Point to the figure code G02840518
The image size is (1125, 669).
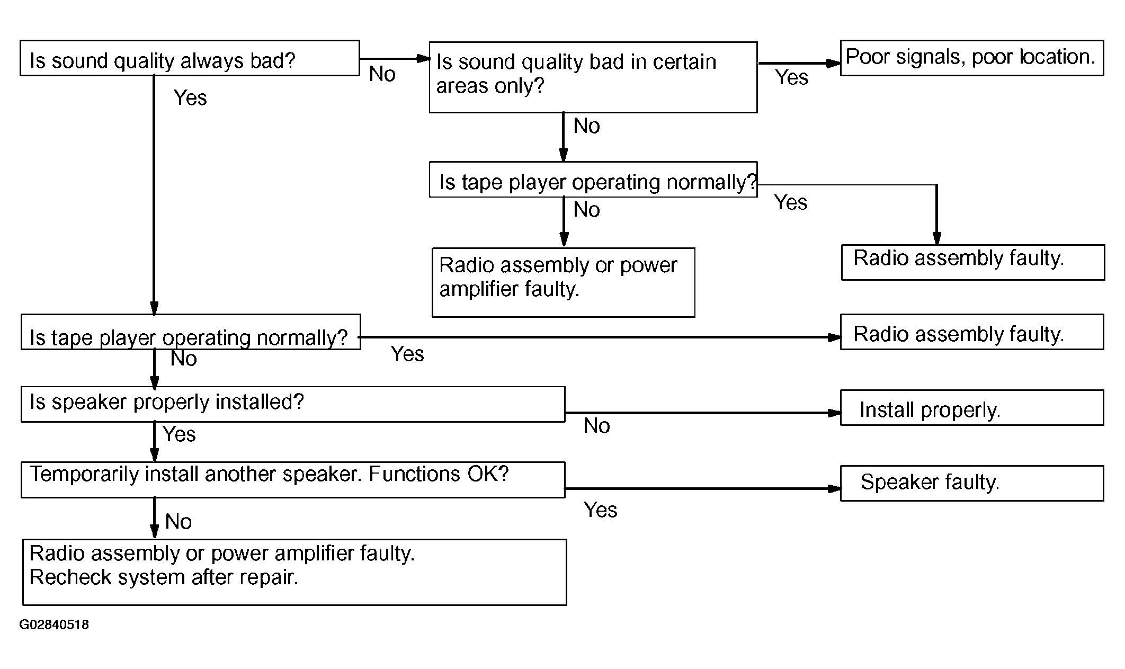[54, 625]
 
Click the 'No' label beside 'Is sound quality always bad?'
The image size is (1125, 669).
[382, 74]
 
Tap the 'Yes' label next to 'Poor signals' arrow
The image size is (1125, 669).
[792, 77]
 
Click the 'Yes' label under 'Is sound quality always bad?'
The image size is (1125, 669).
[190, 97]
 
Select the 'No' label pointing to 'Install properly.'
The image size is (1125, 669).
[597, 426]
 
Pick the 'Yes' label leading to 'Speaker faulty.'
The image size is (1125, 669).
[601, 510]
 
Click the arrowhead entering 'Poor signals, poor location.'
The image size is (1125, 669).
[834, 63]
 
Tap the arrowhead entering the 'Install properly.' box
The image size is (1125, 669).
[834, 413]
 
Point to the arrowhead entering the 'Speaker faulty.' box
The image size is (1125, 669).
[834, 488]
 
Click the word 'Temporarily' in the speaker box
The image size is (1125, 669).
[85, 474]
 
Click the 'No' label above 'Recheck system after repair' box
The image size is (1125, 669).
[178, 522]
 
